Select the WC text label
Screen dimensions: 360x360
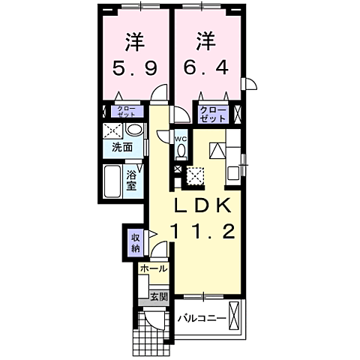coord(181,139)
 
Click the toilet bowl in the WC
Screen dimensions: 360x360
coord(181,151)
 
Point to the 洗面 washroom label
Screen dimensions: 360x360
coord(123,147)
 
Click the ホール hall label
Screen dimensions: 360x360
coord(153,268)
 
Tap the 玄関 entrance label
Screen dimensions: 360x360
coord(159,297)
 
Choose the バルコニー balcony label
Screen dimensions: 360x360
coord(202,318)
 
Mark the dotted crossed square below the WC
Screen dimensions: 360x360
coord(195,175)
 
